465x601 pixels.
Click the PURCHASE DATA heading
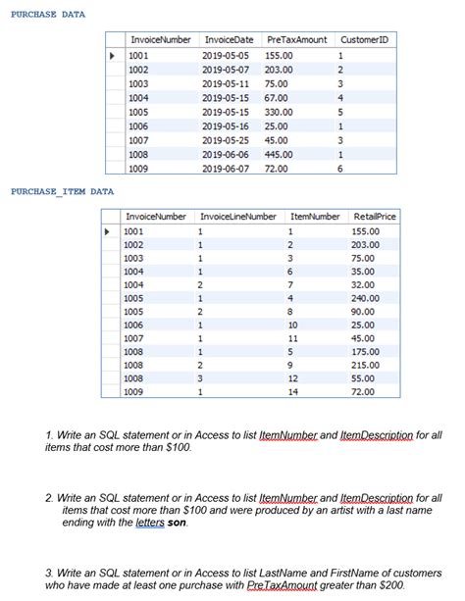47,15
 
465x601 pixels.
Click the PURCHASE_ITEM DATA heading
62,191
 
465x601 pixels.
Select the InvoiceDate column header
228,39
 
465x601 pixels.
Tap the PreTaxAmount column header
296,39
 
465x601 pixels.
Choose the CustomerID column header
363,39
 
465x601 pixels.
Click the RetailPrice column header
374,216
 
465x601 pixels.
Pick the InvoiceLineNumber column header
237,216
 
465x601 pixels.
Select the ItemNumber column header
315,216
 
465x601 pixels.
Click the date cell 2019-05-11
226,83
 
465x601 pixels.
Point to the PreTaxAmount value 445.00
279,154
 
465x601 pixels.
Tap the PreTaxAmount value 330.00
279,112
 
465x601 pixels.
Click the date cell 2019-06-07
226,169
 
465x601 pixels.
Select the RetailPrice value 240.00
366,298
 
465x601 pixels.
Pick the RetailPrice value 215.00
366,364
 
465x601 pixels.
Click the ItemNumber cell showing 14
291,391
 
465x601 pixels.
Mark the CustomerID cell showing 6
339,169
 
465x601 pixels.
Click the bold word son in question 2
176,522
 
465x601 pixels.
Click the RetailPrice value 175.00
366,351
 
